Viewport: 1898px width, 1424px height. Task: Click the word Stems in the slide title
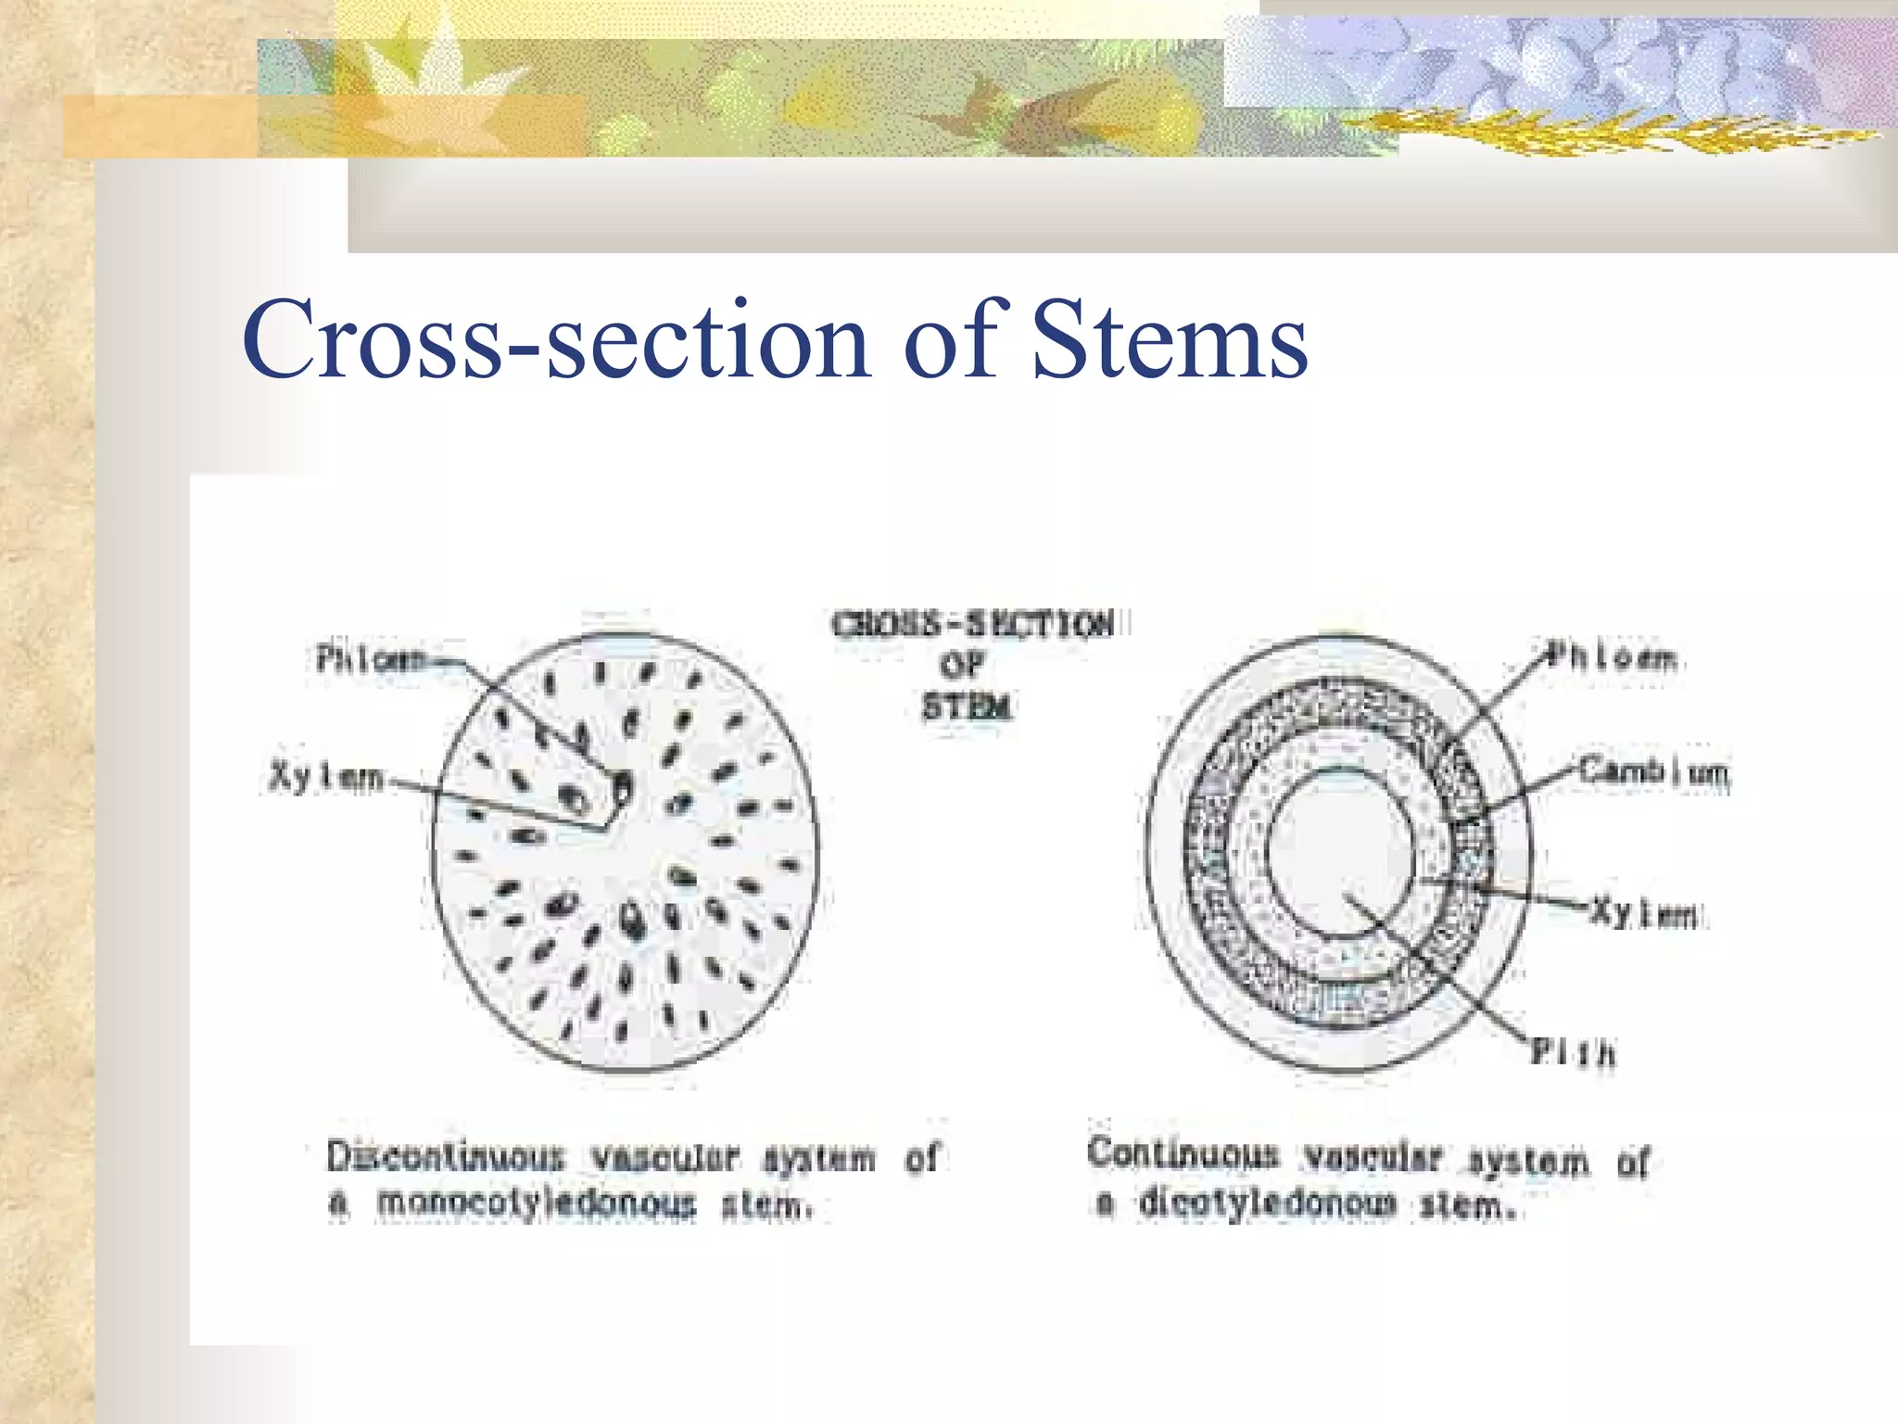(x=1169, y=340)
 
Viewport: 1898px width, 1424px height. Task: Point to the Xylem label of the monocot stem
(x=326, y=777)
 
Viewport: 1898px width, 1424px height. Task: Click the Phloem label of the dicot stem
(x=1613, y=657)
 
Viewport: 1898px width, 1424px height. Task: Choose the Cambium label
(x=1653, y=771)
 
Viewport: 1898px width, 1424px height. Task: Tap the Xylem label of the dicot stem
(x=1645, y=913)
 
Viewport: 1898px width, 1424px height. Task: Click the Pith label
(x=1573, y=1052)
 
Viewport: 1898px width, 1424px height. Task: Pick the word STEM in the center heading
(x=966, y=707)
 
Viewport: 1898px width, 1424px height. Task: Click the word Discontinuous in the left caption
(x=446, y=1157)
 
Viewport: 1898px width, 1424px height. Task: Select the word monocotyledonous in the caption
(x=536, y=1203)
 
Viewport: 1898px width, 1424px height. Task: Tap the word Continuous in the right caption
(x=1183, y=1153)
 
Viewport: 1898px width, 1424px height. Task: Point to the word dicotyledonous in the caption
(x=1267, y=1202)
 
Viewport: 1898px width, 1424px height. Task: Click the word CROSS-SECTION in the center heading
(x=972, y=625)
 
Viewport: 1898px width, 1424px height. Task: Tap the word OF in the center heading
(x=962, y=666)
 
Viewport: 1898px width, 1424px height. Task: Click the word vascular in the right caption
(x=1373, y=1157)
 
